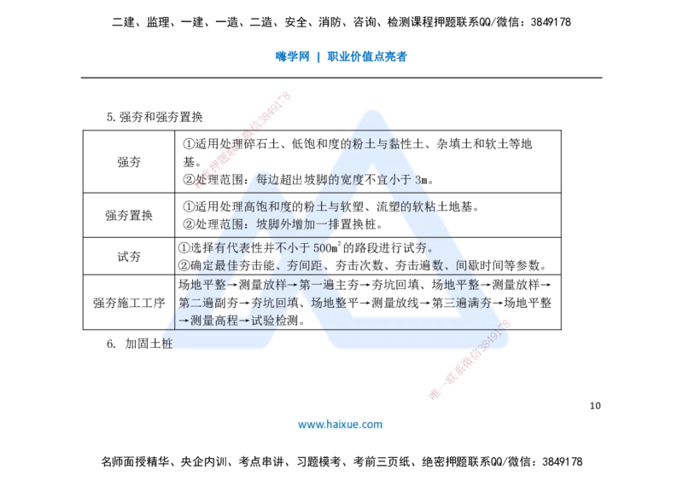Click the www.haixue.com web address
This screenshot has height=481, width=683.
[340, 424]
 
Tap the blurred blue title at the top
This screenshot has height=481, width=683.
[341, 57]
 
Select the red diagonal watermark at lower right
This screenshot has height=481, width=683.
[469, 359]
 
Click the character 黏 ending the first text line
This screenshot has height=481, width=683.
[394, 144]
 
